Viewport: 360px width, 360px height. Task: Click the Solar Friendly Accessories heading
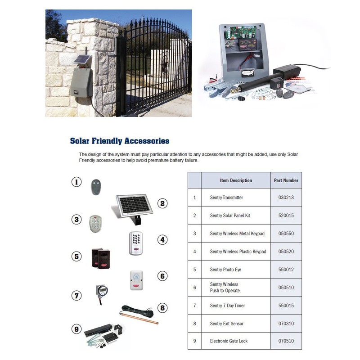click(120, 141)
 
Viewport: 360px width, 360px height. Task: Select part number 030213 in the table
click(286, 198)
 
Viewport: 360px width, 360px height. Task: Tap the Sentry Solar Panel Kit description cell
click(230, 216)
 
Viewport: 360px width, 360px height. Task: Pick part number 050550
click(286, 234)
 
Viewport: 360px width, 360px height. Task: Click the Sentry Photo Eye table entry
click(225, 270)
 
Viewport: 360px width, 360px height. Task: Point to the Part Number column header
click(286, 180)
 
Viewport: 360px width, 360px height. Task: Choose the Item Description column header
click(236, 180)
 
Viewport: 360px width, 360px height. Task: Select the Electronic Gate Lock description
click(229, 341)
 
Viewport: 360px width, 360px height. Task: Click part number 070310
click(286, 324)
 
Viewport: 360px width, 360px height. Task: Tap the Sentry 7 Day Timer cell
click(227, 306)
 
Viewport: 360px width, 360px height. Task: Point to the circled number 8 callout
click(163, 308)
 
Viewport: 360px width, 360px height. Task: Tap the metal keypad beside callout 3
click(95, 222)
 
